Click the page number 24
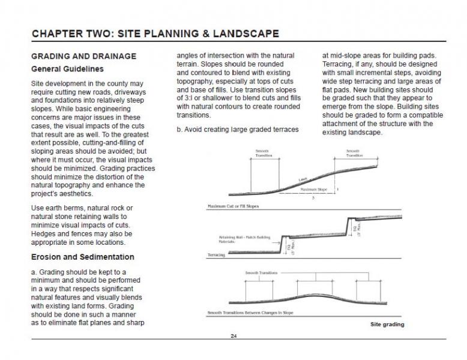[x=233, y=335]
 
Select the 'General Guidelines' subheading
[x=67, y=69]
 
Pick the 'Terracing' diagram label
[x=215, y=254]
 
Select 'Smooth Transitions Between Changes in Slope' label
[x=247, y=313]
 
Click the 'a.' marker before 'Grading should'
[x=34, y=272]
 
